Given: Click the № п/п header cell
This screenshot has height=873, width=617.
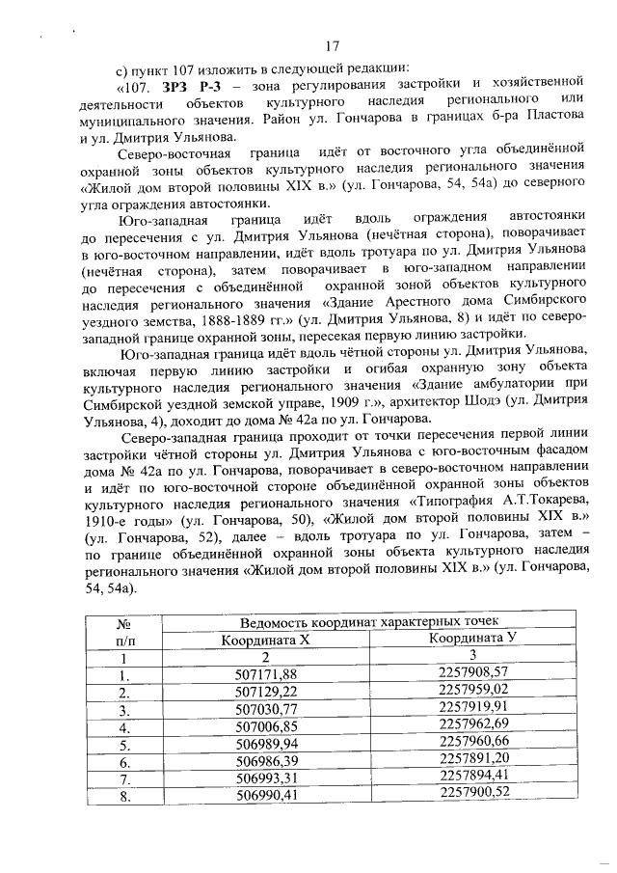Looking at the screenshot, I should (122, 629).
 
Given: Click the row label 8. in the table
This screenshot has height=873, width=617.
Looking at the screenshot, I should (122, 795).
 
